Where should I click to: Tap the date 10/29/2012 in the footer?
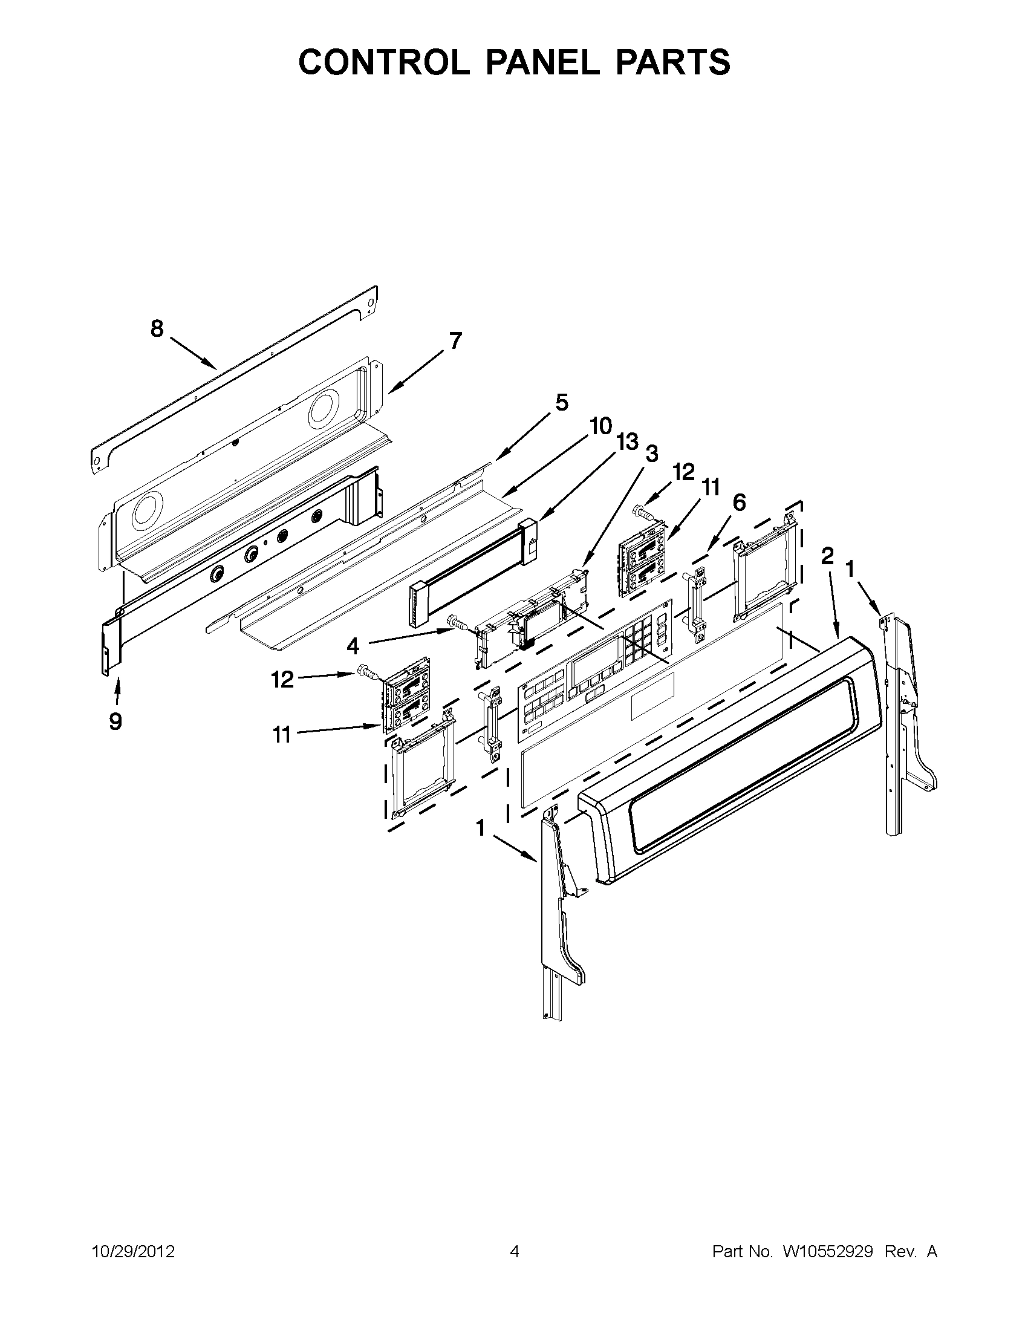coord(133,1252)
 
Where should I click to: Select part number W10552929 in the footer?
coord(827,1252)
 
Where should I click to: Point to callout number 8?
coord(157,329)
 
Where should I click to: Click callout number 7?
coord(455,341)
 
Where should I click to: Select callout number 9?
coord(115,721)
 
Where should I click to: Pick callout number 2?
coord(827,556)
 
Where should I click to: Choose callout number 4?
coord(353,645)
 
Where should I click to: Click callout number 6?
coord(738,503)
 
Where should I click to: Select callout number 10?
coord(600,426)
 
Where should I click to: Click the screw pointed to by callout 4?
coord(455,622)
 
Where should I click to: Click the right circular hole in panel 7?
coord(325,411)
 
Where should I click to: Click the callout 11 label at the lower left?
coord(281,735)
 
